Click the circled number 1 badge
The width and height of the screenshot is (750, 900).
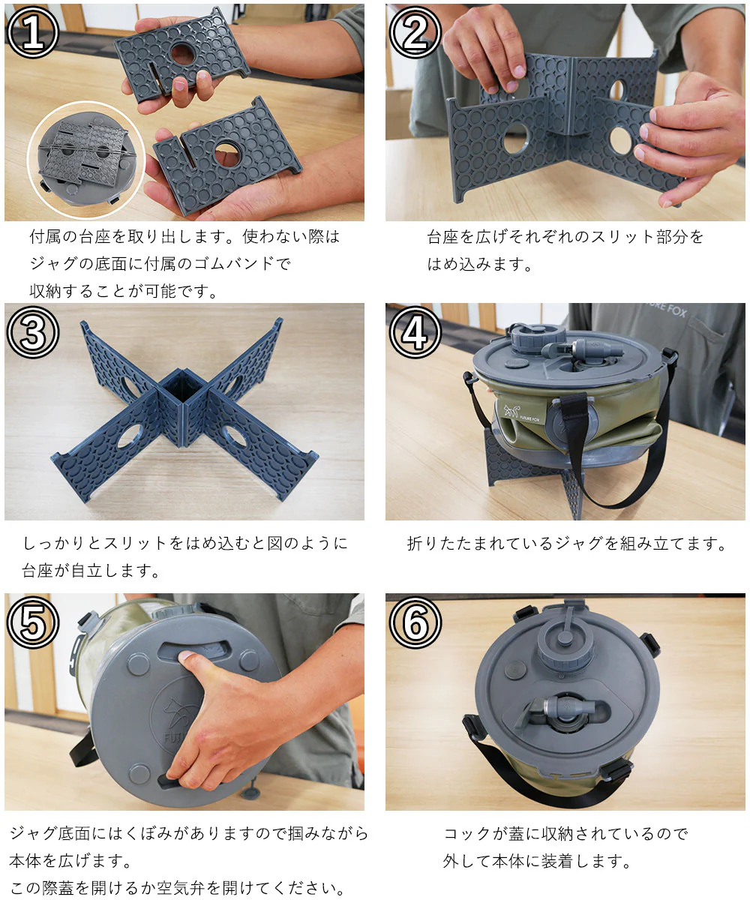click(33, 32)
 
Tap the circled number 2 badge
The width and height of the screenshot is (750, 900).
click(415, 32)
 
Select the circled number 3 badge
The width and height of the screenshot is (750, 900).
click(33, 332)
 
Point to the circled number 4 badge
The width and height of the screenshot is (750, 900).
click(415, 332)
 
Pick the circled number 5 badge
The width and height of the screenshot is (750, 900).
click(33, 622)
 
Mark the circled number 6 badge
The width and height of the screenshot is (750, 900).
click(415, 622)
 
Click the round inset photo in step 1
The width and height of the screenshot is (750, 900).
click(86, 160)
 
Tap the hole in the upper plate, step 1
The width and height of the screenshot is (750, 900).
click(182, 53)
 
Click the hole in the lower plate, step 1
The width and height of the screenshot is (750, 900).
click(227, 155)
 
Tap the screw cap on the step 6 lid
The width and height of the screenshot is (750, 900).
click(565, 646)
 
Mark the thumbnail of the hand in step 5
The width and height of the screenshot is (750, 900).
click(187, 656)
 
